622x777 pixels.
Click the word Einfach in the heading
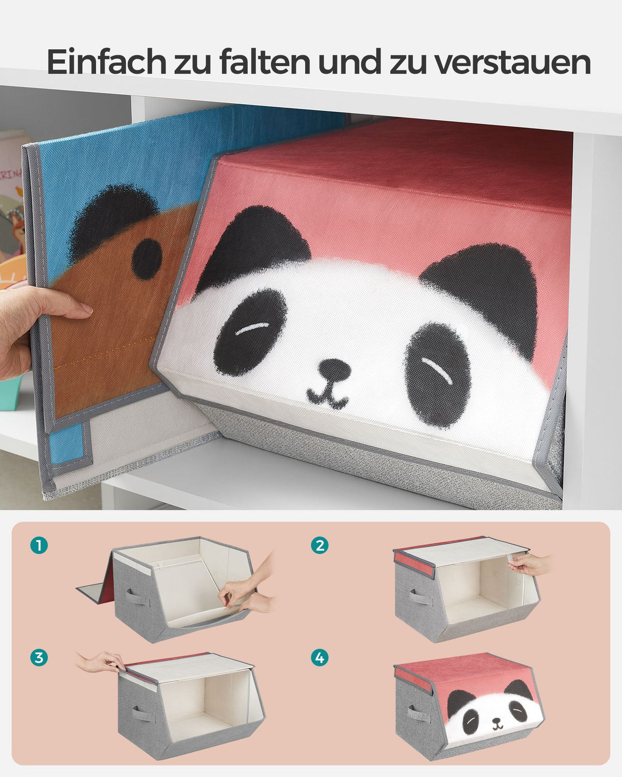pyautogui.click(x=106, y=62)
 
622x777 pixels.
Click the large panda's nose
pyautogui.click(x=334, y=370)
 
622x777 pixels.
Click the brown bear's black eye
pyautogui.click(x=147, y=259)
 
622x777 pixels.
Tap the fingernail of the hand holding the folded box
pyautogui.click(x=86, y=308)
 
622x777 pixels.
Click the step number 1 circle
pyautogui.click(x=39, y=545)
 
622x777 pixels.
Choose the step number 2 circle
pyautogui.click(x=320, y=545)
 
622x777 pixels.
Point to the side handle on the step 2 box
pyautogui.click(x=419, y=596)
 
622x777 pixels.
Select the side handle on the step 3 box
pyautogui.click(x=143, y=712)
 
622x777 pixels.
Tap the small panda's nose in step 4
pyautogui.click(x=497, y=720)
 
